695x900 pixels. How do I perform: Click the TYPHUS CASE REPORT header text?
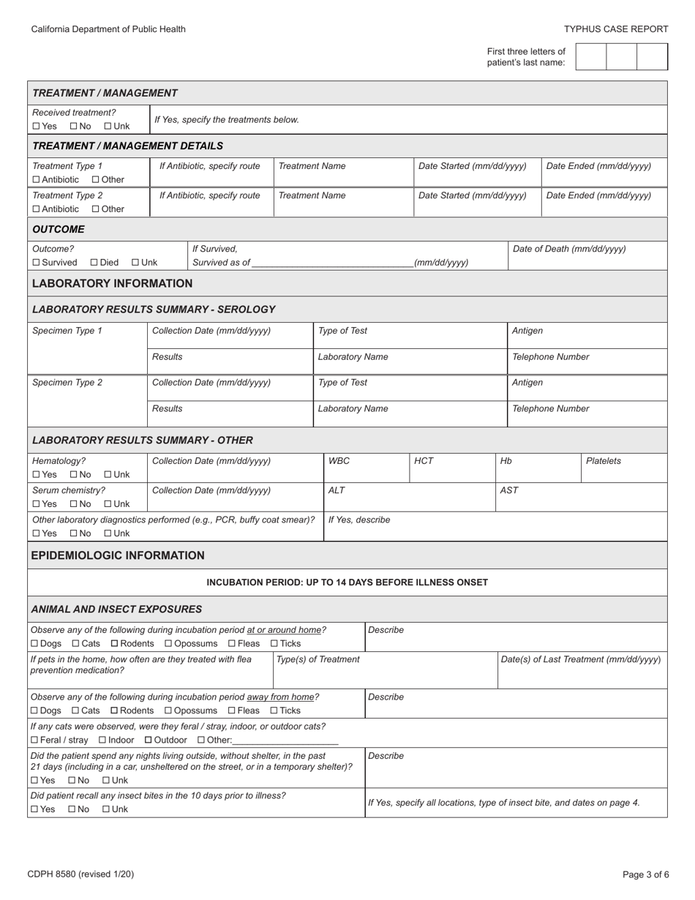616,29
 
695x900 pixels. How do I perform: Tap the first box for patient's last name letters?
591,57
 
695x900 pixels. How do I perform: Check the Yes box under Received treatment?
36,127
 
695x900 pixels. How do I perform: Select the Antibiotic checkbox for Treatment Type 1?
36,180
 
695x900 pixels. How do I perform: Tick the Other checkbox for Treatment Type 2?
96,209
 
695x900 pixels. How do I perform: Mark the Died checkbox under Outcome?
94,263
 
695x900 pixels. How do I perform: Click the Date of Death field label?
569,249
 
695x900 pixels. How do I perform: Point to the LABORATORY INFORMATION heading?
112,283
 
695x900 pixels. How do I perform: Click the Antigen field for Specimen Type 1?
587,336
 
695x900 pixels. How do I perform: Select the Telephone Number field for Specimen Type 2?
587,413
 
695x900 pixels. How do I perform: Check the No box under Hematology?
74,475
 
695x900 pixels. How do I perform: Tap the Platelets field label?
603,461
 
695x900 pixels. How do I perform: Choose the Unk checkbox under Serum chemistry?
108,504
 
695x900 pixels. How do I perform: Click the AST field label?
509,490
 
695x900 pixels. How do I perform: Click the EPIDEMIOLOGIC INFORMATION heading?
118,555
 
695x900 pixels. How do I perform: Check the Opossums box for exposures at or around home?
168,644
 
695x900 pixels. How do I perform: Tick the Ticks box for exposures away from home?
274,710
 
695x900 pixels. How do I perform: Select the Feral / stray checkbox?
34,740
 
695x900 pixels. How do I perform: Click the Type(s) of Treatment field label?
318,659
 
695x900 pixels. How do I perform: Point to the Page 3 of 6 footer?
645,874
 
